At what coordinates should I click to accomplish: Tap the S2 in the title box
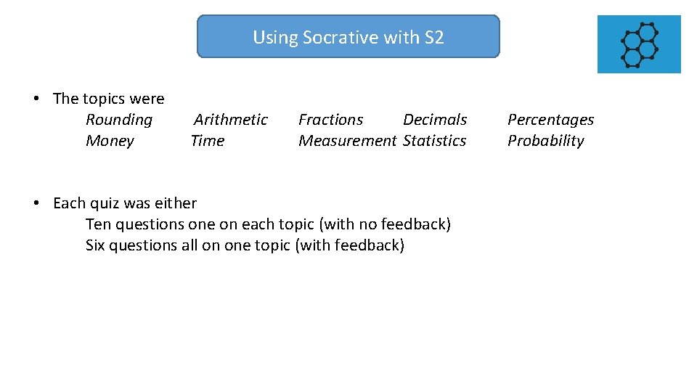(x=433, y=38)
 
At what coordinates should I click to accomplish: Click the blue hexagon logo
(x=639, y=44)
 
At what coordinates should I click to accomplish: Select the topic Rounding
(x=119, y=120)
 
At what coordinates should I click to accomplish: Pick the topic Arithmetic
(x=231, y=120)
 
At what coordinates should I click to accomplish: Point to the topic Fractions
(x=331, y=120)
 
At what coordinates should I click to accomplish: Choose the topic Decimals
(x=435, y=120)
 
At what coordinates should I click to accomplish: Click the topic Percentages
(x=550, y=120)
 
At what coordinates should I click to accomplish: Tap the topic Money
(x=110, y=141)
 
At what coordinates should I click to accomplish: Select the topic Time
(x=208, y=141)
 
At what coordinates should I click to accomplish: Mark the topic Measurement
(x=348, y=141)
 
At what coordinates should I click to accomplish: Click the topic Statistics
(x=435, y=141)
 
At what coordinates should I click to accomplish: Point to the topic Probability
(x=546, y=141)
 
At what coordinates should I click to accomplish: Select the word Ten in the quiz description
(x=97, y=224)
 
